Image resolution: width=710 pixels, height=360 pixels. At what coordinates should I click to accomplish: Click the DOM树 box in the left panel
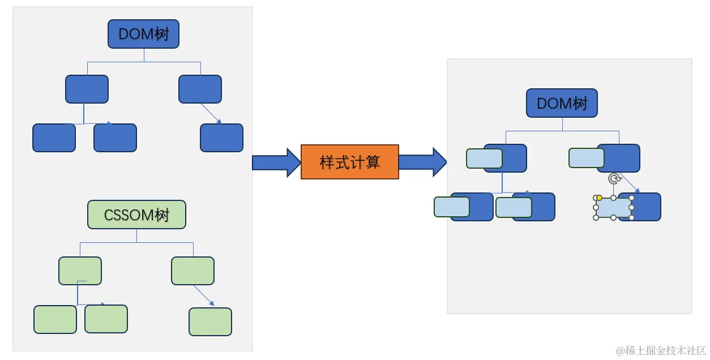[143, 34]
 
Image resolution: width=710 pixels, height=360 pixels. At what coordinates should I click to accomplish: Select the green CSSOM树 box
[136, 215]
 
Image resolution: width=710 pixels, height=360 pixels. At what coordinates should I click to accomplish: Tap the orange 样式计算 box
[349, 162]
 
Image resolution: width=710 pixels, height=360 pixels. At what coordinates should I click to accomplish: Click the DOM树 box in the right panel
[562, 104]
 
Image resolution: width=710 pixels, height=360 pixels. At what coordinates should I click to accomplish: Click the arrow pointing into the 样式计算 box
[276, 162]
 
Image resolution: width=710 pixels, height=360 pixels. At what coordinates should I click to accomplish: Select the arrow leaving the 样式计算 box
[423, 162]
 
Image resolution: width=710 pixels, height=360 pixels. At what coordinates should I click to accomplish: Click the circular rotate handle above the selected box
[614, 179]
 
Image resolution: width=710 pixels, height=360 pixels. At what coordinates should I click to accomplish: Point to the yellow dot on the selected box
[599, 198]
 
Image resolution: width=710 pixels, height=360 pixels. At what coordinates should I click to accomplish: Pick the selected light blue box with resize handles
[613, 208]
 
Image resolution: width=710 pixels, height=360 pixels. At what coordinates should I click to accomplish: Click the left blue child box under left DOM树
[87, 89]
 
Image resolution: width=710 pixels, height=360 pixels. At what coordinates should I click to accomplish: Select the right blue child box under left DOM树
[200, 89]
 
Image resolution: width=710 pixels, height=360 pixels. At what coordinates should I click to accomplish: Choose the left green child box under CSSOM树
[80, 271]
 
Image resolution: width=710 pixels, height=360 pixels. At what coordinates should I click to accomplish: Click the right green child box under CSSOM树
[193, 271]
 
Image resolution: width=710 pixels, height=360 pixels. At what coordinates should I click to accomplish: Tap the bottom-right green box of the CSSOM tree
[210, 322]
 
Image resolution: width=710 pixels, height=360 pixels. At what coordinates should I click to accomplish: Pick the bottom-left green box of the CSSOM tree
[55, 319]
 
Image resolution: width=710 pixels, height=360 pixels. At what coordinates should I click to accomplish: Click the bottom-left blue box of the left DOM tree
[54, 138]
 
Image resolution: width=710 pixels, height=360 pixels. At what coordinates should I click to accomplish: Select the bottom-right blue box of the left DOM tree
[221, 138]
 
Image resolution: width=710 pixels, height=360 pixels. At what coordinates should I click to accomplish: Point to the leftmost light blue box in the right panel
[451, 207]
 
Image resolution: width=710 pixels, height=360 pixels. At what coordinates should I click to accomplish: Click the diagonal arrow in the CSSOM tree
[204, 295]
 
